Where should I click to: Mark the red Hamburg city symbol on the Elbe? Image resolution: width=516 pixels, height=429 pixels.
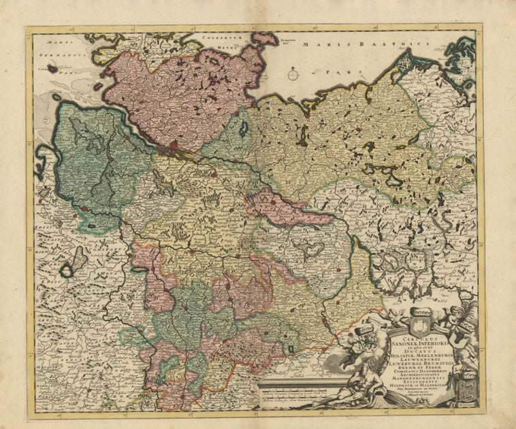point(175,144)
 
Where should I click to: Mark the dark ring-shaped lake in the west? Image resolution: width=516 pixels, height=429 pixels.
point(67,271)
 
